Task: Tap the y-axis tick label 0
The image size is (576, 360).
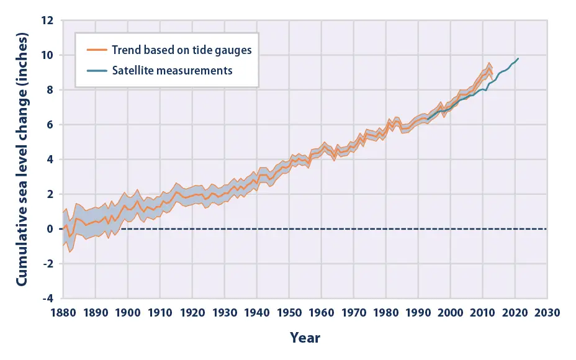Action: tap(52, 229)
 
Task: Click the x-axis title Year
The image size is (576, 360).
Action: tap(305, 338)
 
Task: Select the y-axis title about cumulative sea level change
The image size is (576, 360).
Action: tap(22, 159)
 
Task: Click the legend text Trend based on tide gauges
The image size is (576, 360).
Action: tap(182, 50)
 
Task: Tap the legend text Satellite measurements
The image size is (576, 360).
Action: tap(173, 70)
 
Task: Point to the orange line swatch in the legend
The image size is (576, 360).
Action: tap(96, 50)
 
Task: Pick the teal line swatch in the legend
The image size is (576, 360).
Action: tap(96, 70)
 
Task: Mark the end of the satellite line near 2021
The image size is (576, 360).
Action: tap(518, 58)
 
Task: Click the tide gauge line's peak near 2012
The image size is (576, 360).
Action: tap(489, 68)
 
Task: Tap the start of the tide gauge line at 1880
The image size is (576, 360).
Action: tap(63, 229)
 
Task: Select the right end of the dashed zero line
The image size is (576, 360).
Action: tap(546, 229)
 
